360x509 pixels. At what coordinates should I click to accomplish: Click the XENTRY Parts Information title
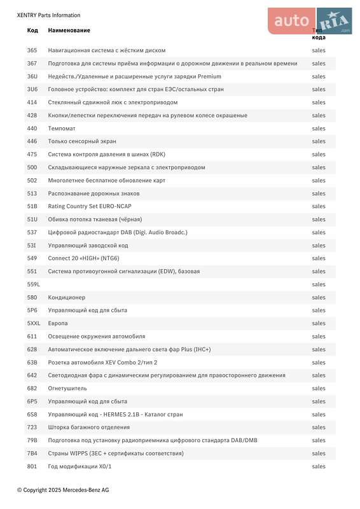point(48,15)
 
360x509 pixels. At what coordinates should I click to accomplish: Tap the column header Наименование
point(69,31)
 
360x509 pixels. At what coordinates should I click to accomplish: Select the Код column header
point(32,31)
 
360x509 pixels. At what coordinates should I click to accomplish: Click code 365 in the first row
point(32,50)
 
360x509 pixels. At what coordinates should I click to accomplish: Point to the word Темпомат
point(62,129)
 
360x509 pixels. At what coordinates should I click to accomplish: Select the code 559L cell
point(33,284)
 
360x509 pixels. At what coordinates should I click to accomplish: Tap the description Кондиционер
point(67,297)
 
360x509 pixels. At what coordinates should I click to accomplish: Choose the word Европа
point(58,323)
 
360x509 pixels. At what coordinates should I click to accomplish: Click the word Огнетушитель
point(67,388)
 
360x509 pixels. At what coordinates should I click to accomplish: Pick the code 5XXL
point(34,323)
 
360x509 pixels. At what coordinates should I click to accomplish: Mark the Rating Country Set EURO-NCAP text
point(90,206)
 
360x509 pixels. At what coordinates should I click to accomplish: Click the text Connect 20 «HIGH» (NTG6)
point(83,258)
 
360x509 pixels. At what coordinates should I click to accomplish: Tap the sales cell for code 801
point(319,466)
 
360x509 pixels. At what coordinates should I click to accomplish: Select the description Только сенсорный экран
point(82,141)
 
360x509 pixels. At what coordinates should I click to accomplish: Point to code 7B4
point(32,453)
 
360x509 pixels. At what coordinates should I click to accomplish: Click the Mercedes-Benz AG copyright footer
point(63,490)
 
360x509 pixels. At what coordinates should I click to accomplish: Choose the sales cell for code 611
point(319,336)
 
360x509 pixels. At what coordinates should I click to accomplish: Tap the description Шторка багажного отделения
point(88,427)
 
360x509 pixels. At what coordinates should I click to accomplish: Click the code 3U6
point(32,89)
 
